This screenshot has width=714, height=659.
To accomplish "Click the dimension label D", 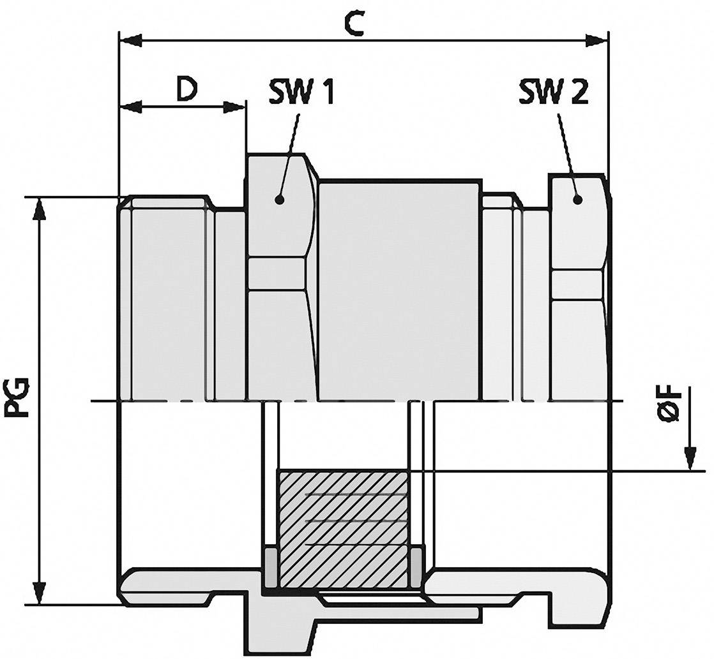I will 186,90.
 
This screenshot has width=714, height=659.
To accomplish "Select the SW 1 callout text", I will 300,93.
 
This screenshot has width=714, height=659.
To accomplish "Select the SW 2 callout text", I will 553,93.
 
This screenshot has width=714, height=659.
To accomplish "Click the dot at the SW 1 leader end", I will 278,199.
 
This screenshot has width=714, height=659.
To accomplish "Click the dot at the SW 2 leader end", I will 577,199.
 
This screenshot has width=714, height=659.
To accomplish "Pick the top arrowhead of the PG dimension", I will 40,208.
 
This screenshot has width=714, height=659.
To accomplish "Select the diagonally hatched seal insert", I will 344,528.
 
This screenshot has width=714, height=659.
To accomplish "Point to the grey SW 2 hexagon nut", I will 577,287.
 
